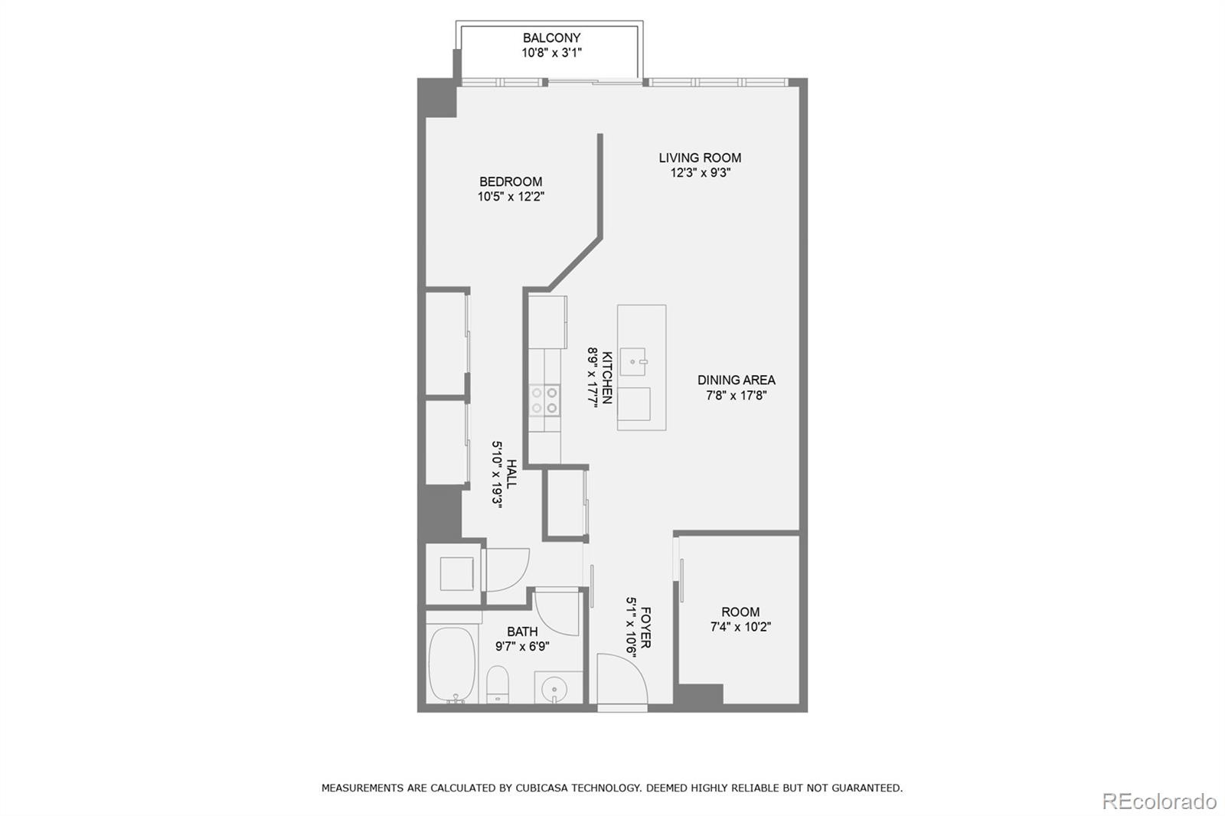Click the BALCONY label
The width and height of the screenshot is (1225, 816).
[551, 38]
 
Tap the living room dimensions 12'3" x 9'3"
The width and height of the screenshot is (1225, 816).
[700, 173]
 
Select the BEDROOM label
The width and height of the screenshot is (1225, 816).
[511, 181]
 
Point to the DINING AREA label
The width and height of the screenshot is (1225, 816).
[736, 380]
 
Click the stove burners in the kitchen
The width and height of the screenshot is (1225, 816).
[544, 400]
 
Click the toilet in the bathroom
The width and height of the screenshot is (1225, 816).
[498, 683]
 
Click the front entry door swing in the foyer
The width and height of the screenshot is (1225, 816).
[622, 678]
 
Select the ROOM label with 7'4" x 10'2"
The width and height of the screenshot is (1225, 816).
[740, 612]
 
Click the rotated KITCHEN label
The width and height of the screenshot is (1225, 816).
[607, 377]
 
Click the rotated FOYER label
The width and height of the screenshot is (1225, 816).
[645, 628]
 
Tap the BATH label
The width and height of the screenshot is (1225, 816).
[522, 632]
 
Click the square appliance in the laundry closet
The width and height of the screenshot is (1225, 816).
[456, 573]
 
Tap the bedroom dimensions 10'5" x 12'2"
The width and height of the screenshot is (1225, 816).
[511, 197]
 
